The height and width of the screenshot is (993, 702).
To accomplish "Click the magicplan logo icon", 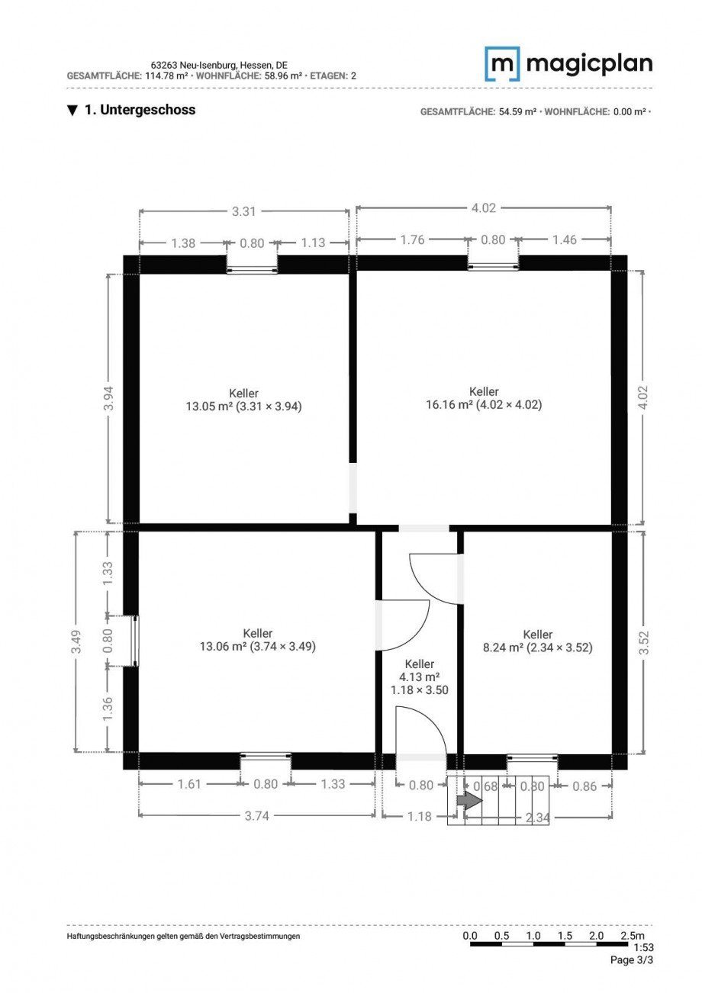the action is point(502,64).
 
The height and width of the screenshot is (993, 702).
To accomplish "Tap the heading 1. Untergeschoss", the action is point(131,110).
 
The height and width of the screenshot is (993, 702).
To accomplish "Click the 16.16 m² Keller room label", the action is point(484,397).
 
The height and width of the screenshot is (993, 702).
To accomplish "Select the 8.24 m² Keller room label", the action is point(537,641).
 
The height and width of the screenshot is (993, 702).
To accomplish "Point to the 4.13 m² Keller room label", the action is point(420,676).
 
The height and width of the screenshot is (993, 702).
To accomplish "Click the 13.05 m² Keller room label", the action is point(243,400).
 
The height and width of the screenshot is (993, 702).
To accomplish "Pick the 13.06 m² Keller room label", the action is point(258,639).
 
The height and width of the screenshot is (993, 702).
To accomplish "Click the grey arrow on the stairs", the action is point(469,800).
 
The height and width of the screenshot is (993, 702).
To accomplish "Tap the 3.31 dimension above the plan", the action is point(244,211).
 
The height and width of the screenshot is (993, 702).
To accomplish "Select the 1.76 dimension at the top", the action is point(412,239).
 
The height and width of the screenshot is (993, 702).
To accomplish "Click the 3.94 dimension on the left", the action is point(108,398).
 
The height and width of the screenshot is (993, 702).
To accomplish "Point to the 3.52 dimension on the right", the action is point(643,642).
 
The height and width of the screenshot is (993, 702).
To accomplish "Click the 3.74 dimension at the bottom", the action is point(257,816).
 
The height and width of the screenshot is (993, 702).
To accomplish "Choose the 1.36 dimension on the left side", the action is point(108,709).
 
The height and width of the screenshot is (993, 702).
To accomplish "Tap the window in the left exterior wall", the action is point(135,641).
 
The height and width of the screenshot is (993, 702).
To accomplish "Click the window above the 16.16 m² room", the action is point(493,266).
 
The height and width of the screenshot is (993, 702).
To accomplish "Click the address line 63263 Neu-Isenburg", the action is point(219,66).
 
